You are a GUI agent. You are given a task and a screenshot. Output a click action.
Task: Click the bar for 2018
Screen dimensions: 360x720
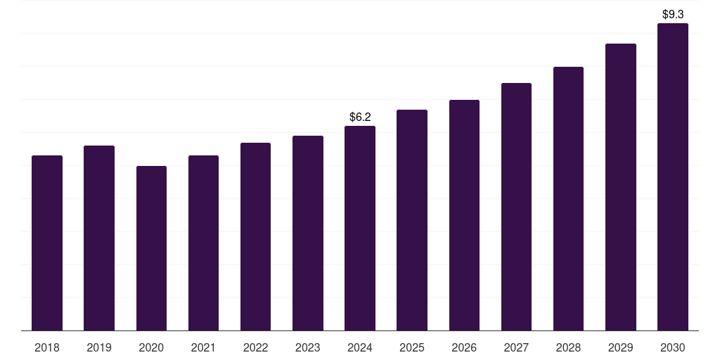47,243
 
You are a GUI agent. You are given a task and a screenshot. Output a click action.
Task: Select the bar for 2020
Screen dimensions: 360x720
151,248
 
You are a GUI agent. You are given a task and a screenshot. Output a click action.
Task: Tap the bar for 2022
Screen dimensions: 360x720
255,236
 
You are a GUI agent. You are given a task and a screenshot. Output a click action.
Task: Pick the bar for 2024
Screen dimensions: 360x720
360,228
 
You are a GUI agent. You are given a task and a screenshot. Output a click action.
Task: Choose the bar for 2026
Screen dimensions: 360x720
464,215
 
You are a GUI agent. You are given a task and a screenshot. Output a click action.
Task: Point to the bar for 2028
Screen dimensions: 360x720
568,198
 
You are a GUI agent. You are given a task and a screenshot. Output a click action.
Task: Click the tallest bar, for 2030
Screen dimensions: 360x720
672,176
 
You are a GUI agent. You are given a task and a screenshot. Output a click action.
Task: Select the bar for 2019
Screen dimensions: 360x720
99,238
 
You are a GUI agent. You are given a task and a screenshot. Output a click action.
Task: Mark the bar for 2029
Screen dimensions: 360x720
620,187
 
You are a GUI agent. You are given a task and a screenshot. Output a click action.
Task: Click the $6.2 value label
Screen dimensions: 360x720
360,117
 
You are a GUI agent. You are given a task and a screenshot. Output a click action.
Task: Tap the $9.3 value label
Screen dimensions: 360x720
673,14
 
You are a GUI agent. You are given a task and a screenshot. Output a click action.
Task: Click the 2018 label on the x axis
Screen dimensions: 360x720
47,347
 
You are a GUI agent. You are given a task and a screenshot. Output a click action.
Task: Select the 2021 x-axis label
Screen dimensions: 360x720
203,347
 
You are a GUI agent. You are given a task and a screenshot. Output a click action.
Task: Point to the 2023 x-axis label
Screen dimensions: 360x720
307,347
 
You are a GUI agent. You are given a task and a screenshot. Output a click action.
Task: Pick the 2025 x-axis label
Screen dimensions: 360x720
412,347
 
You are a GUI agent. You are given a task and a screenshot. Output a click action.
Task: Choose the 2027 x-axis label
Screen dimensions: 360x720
516,347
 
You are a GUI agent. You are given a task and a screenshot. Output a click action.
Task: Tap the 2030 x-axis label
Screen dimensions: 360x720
672,347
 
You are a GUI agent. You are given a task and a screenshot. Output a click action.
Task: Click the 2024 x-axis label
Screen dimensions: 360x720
360,347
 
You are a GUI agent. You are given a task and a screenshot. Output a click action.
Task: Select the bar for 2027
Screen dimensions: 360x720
516,207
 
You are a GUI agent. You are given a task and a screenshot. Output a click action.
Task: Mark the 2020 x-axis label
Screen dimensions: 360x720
151,347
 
